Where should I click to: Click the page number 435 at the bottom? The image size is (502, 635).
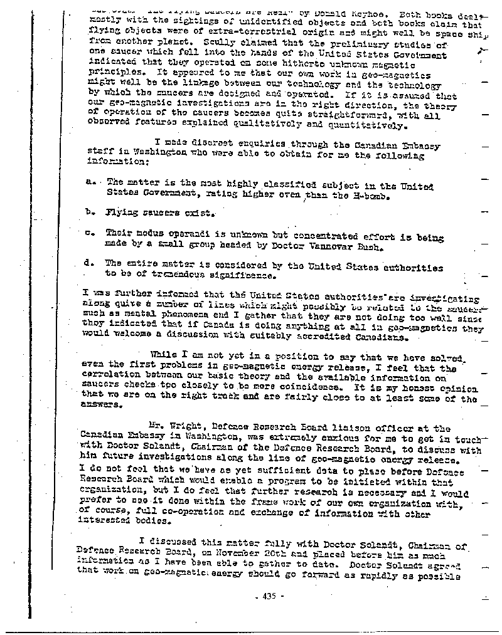click(x=270, y=597)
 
